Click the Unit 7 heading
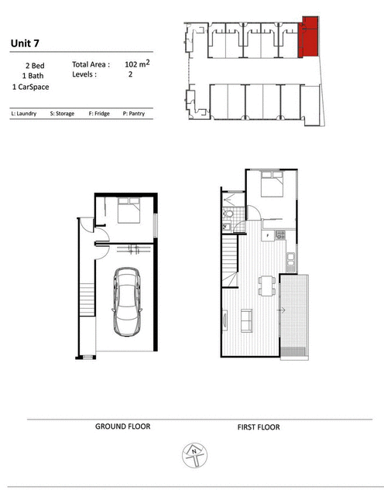(x=25, y=43)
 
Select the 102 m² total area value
(x=137, y=63)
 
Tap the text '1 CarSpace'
(x=30, y=87)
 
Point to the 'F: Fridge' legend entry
(x=99, y=114)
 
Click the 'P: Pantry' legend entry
(x=134, y=114)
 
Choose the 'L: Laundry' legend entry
(x=24, y=114)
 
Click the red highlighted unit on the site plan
(x=309, y=37)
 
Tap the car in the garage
(x=127, y=302)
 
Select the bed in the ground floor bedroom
(x=129, y=211)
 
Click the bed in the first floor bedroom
(x=272, y=184)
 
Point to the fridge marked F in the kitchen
(x=268, y=235)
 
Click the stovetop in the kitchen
(x=280, y=235)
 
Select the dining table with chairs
(x=266, y=286)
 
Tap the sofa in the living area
(x=246, y=320)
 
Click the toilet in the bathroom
(x=228, y=214)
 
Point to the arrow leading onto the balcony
(x=281, y=310)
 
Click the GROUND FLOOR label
(x=123, y=426)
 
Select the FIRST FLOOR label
(x=259, y=427)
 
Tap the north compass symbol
(x=194, y=455)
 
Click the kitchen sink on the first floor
(x=291, y=261)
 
